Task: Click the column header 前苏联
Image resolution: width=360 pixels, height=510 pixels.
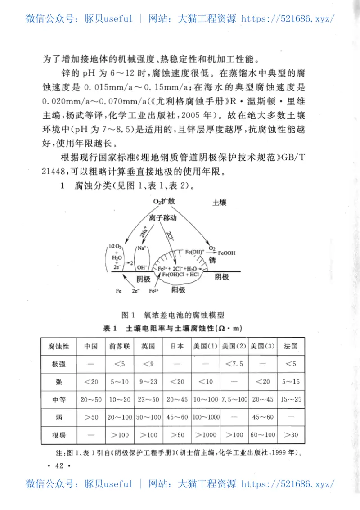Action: [x=119, y=347]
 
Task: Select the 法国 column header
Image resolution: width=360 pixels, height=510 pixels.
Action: [x=290, y=347]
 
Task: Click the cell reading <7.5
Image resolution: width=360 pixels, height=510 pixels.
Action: [x=234, y=364]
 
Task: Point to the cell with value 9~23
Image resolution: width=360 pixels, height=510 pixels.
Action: [x=148, y=382]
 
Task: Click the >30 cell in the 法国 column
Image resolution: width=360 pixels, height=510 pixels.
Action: [x=290, y=435]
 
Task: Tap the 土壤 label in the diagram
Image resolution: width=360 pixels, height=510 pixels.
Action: [x=220, y=203]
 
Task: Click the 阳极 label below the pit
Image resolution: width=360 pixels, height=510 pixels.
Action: [x=179, y=290]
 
